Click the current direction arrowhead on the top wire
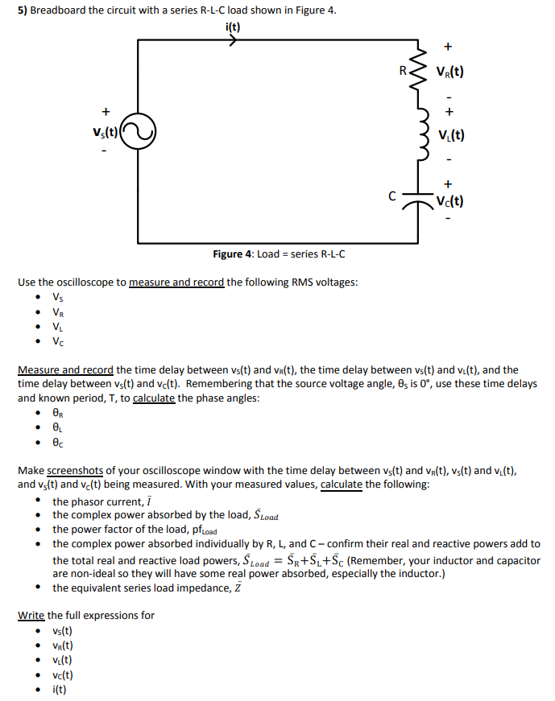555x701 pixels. (x=233, y=40)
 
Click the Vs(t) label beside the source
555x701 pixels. (x=105, y=132)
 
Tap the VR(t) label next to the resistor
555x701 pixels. (x=449, y=71)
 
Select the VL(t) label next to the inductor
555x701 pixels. (x=449, y=136)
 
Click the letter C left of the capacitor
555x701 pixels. (x=392, y=195)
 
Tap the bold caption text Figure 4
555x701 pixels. (x=233, y=254)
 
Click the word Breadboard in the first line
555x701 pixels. (x=60, y=10)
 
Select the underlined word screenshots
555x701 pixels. (x=76, y=470)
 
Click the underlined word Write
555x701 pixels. (x=31, y=615)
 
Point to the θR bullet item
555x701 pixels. (x=57, y=412)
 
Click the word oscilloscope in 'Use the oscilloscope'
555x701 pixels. (x=93, y=282)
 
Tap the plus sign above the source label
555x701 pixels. (x=103, y=112)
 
